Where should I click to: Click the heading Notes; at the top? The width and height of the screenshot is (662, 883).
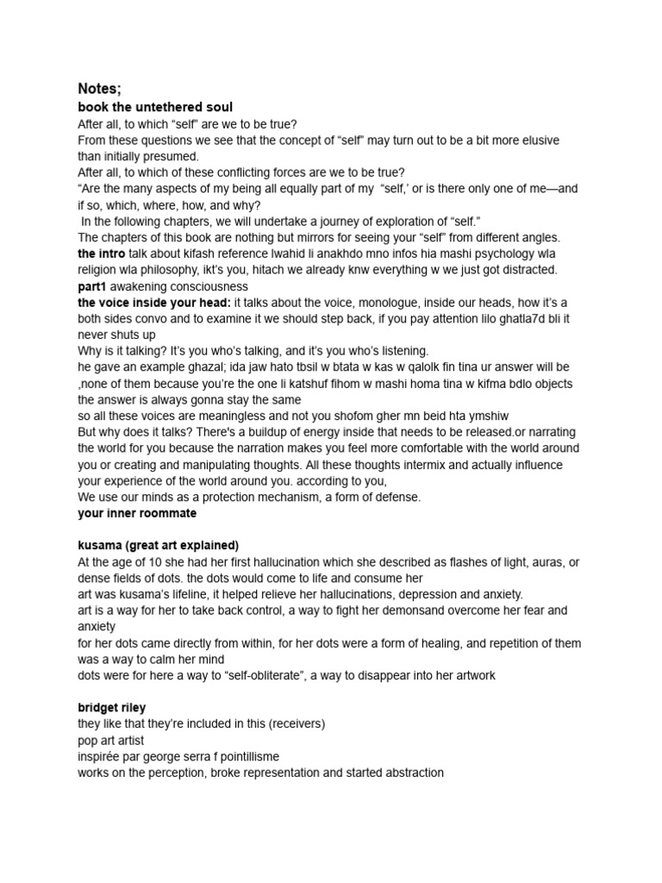click(99, 89)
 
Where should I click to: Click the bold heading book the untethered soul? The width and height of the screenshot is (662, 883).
click(155, 108)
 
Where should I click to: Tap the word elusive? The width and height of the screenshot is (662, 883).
click(535, 140)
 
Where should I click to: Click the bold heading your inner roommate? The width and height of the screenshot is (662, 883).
click(137, 513)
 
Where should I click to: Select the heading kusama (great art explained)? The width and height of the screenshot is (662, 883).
click(158, 546)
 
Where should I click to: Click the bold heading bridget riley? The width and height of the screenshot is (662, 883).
click(111, 708)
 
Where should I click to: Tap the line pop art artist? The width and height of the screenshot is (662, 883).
click(110, 741)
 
